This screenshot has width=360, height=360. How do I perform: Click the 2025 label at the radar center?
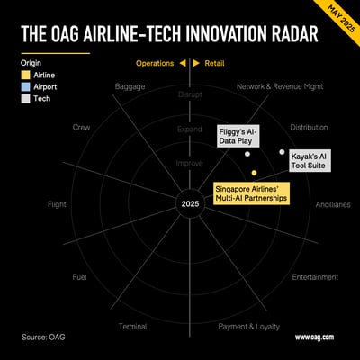coord(190,205)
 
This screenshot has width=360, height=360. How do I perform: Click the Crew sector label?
coord(81,128)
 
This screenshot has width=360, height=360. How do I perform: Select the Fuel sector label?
coord(79,277)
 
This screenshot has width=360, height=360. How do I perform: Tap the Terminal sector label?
coord(132,326)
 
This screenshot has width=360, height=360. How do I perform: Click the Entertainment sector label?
coord(314,277)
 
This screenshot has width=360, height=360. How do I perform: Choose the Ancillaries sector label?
coord(332,204)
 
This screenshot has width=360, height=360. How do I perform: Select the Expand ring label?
coord(190,130)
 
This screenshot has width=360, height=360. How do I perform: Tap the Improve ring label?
coord(190,164)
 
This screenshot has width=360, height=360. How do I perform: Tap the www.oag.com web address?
coord(314,337)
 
